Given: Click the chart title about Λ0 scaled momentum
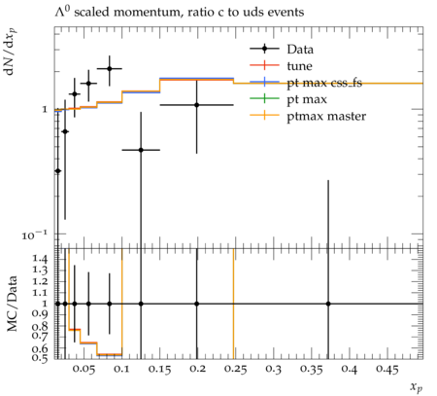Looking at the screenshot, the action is tap(179, 12).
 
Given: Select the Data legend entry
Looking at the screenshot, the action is tap(282, 49).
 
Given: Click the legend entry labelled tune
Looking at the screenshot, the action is tap(281, 66).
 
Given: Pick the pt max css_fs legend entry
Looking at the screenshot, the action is tap(306, 83).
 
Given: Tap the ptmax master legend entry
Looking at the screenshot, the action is tap(308, 116).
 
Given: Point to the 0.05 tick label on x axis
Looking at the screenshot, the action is tap(84, 369).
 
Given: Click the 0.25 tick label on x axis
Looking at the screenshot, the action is tap(235, 369).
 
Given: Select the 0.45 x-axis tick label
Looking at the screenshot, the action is tap(387, 369).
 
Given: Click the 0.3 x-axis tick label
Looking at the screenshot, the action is tap(273, 369).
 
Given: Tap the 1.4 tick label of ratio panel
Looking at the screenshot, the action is tap(40, 259).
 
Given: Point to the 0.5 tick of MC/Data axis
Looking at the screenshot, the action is tap(40, 357).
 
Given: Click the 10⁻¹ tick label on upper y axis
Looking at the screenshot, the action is tap(35, 234).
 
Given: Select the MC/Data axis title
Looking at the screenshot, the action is tap(13, 304).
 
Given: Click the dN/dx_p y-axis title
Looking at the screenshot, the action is tap(11, 53).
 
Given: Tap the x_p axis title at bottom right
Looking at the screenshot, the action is tap(417, 387).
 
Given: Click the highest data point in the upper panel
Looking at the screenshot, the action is tap(110, 68).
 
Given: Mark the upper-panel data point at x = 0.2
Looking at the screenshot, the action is tap(197, 105).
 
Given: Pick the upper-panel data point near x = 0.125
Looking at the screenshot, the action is tap(141, 150).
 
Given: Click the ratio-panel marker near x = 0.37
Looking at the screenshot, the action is tap(328, 304).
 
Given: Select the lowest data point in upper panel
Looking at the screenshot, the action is tap(58, 170).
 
